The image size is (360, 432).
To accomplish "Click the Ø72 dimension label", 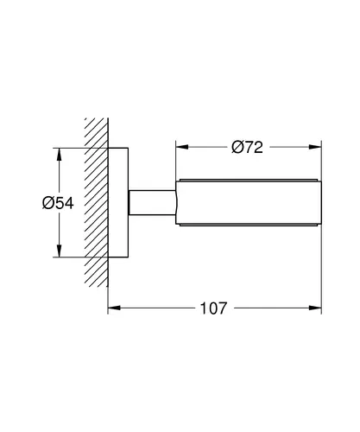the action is point(247,147).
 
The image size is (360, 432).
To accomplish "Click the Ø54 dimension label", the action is point(58,203).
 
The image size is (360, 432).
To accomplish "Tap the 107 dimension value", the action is point(213,308).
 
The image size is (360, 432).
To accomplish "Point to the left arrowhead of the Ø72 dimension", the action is point(182,147).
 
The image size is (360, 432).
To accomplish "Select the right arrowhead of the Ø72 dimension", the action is point(315,147).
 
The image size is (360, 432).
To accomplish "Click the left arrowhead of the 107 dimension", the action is point(114,308).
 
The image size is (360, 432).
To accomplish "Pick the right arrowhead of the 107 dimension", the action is point(315,308).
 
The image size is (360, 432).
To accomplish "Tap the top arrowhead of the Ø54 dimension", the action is point(60,155).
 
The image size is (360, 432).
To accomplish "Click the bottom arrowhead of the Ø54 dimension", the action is point(60,251).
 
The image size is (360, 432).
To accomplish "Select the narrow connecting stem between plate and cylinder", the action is point(152,202).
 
